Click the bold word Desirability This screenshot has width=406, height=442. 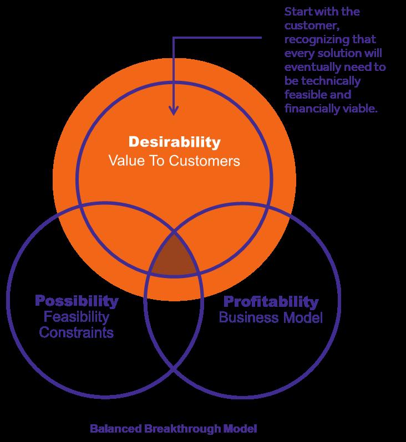[x=174, y=142]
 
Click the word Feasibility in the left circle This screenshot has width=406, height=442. [x=77, y=317]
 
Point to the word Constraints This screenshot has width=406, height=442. [x=77, y=333]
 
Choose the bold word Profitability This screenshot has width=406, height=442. [x=271, y=302]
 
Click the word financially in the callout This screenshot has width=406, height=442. [x=309, y=109]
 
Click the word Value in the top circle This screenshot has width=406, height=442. [x=121, y=161]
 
